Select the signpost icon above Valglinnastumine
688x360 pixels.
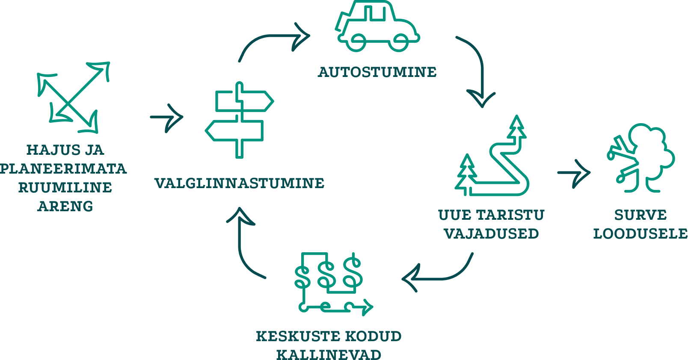239,120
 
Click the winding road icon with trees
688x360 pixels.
492,158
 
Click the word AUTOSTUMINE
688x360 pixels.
377,72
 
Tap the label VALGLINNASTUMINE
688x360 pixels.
239,183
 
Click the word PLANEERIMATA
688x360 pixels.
63,168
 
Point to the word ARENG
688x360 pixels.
65,206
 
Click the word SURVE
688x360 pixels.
640,215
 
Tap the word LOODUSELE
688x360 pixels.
640,233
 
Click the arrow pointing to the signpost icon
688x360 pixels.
167,117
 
